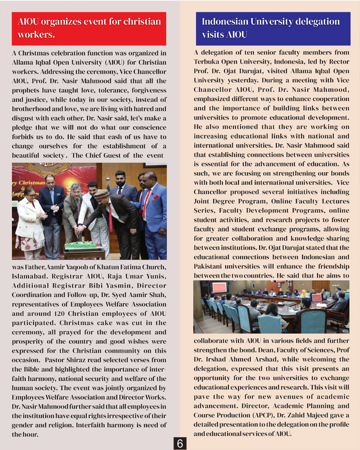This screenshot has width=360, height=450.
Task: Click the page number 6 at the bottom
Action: click(x=180, y=443)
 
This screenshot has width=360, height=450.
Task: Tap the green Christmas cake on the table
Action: click(x=81, y=245)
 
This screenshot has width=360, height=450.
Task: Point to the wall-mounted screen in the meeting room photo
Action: click(x=219, y=287)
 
